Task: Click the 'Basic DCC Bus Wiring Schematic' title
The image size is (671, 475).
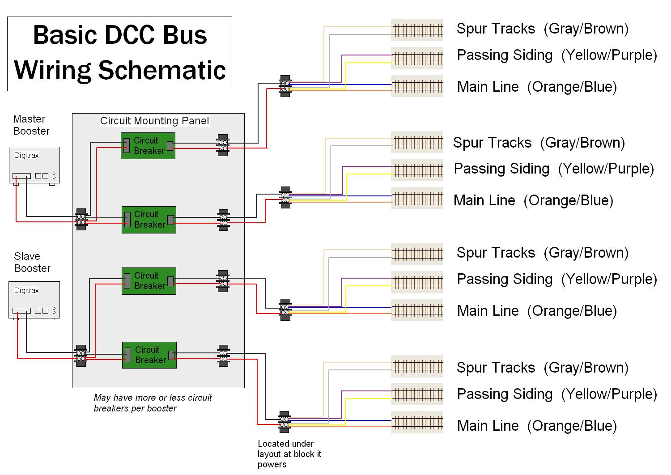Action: click(x=120, y=53)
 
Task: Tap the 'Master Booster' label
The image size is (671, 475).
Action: click(x=31, y=125)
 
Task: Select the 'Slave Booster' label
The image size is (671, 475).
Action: click(x=32, y=263)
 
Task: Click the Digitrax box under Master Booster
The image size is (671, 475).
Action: click(x=34, y=165)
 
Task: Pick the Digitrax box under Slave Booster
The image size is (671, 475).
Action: click(x=34, y=300)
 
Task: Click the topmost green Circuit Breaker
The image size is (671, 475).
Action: click(x=148, y=146)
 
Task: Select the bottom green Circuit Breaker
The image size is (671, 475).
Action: click(x=149, y=355)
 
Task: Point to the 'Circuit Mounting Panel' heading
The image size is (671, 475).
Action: click(x=154, y=121)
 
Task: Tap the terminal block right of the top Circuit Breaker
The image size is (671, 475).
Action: click(x=223, y=145)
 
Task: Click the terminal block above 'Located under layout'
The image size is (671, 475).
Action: click(x=285, y=422)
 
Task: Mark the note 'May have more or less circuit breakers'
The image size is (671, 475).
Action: click(x=153, y=403)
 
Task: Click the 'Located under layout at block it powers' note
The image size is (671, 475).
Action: click(x=289, y=454)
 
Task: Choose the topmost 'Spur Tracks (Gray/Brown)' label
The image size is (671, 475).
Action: click(x=542, y=29)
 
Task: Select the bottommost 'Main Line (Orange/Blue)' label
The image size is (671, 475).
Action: click(x=537, y=426)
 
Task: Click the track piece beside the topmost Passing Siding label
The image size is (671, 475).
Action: click(x=417, y=58)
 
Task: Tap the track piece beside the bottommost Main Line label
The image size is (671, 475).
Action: click(x=417, y=423)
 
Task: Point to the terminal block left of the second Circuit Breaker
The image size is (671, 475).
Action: click(x=81, y=219)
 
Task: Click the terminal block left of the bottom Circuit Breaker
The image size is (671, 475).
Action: click(x=81, y=356)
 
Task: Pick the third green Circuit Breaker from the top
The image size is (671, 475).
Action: click(x=149, y=281)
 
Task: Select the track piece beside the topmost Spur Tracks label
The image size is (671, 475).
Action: click(x=417, y=30)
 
